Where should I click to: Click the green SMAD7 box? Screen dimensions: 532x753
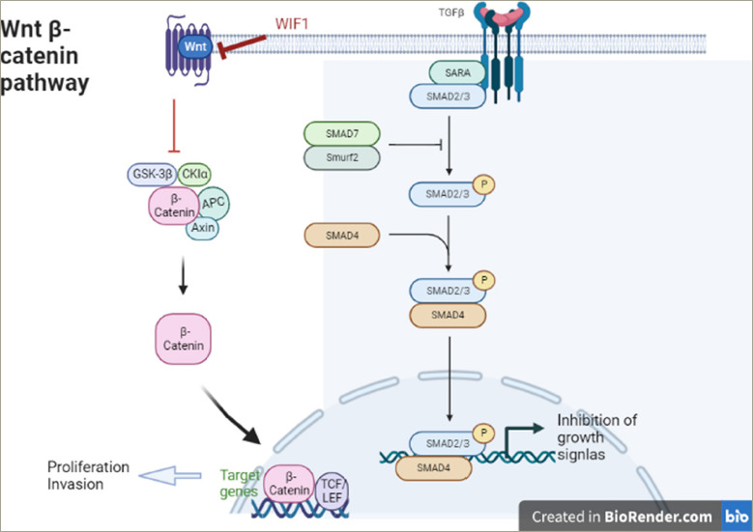343,133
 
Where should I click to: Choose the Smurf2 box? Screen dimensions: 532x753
343,157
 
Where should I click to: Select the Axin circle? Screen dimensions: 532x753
202,228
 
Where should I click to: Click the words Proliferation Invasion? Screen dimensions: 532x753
89,475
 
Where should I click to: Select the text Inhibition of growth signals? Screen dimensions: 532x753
598,436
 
